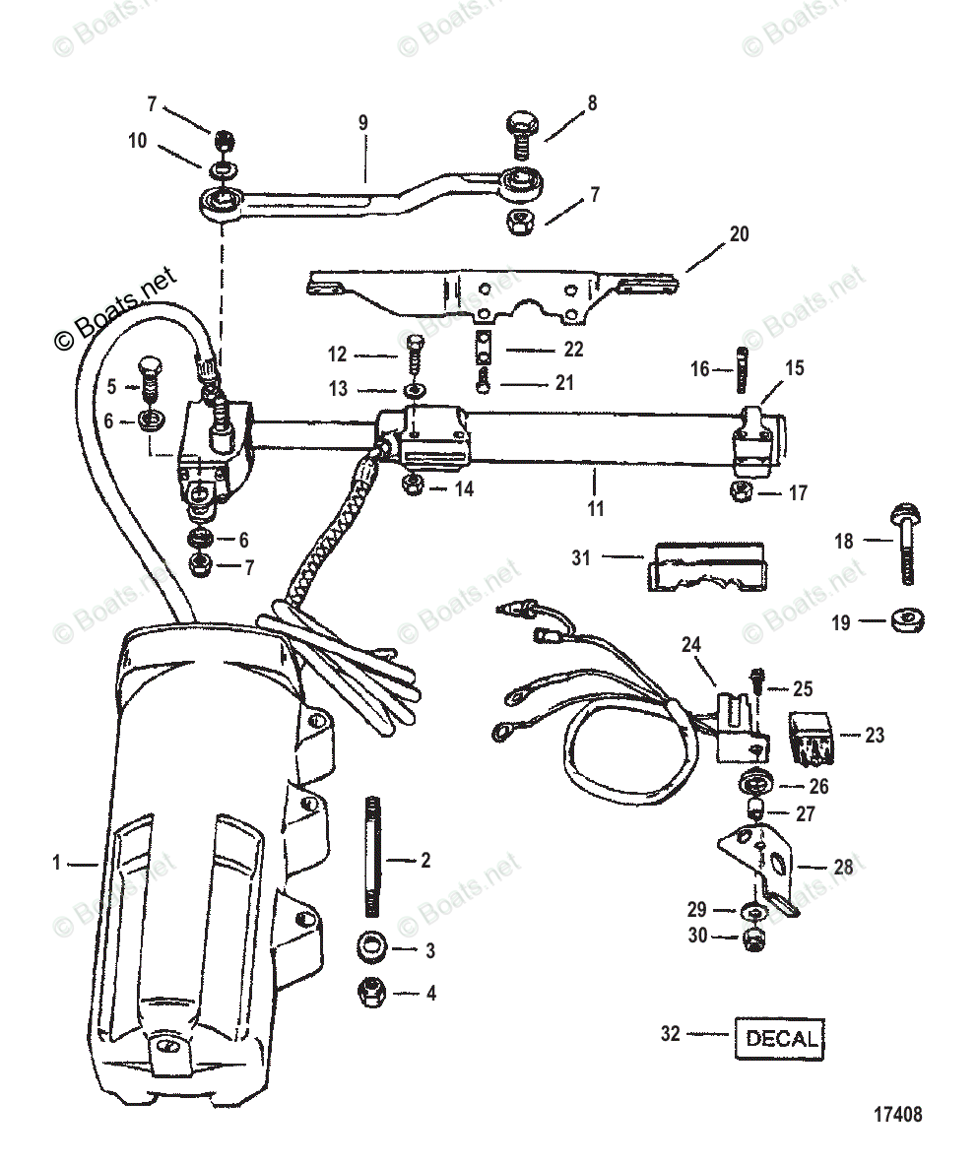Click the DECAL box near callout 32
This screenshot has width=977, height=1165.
point(780,1038)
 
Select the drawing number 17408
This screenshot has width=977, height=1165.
point(896,1115)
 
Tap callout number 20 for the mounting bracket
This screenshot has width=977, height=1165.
point(739,234)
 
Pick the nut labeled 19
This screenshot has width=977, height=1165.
point(904,621)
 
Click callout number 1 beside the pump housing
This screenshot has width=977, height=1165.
point(57,863)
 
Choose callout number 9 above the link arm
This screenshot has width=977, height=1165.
point(362,123)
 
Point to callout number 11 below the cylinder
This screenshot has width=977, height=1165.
point(595,508)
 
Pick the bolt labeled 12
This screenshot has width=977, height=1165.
point(413,355)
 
